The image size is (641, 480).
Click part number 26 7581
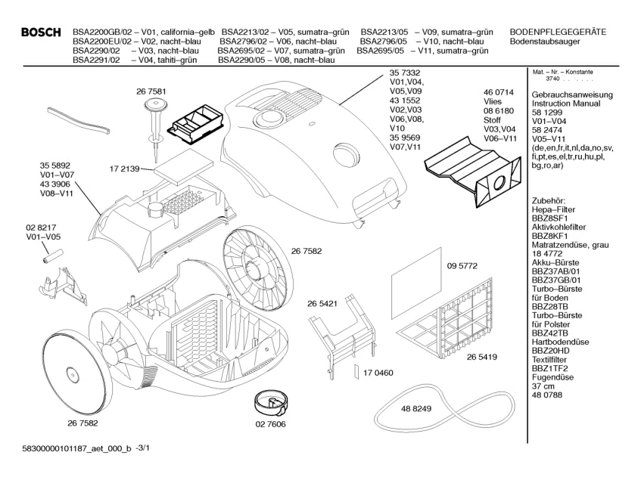click(x=151, y=91)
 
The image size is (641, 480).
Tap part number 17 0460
click(x=378, y=373)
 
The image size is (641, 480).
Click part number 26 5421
click(x=322, y=302)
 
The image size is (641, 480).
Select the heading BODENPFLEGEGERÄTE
click(x=558, y=32)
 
